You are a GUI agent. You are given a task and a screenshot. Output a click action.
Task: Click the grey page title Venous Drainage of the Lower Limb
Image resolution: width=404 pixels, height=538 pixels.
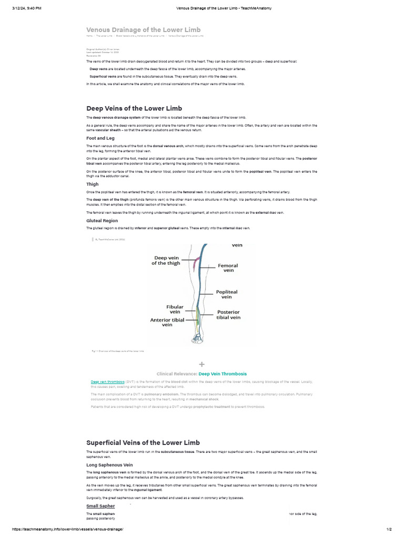(x=143, y=29)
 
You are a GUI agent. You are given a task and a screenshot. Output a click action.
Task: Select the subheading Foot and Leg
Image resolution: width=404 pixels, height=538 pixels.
(x=100, y=138)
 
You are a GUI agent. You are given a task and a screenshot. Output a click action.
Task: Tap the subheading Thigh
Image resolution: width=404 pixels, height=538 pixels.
(x=93, y=184)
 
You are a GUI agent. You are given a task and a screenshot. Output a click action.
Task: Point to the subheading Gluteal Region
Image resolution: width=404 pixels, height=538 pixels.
(x=102, y=221)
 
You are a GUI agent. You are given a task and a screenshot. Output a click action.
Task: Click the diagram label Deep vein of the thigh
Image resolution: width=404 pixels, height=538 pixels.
(x=166, y=261)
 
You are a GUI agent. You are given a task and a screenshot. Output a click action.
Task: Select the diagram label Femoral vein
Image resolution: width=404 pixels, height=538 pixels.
(x=228, y=268)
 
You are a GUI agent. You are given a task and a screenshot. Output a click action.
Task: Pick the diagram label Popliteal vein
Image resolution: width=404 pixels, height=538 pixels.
(x=227, y=294)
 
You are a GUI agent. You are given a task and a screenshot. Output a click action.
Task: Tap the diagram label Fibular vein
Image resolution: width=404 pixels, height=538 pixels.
(x=175, y=309)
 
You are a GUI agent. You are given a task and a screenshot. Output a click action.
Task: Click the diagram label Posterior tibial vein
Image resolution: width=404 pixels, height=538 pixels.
(x=228, y=314)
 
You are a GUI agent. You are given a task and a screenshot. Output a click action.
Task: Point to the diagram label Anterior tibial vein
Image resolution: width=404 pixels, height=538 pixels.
(x=167, y=322)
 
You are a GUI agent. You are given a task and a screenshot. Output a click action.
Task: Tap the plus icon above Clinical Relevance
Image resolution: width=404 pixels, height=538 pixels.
(x=201, y=364)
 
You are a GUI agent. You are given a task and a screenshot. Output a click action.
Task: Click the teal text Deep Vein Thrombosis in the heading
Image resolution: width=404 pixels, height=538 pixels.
(x=223, y=374)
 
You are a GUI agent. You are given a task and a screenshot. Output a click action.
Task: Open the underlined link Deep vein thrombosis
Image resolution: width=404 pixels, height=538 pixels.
(x=108, y=381)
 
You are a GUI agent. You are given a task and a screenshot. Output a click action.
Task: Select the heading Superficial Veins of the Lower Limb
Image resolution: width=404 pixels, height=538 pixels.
(x=143, y=442)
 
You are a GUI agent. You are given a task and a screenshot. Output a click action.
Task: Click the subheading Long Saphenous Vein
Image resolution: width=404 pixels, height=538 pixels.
(x=109, y=465)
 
